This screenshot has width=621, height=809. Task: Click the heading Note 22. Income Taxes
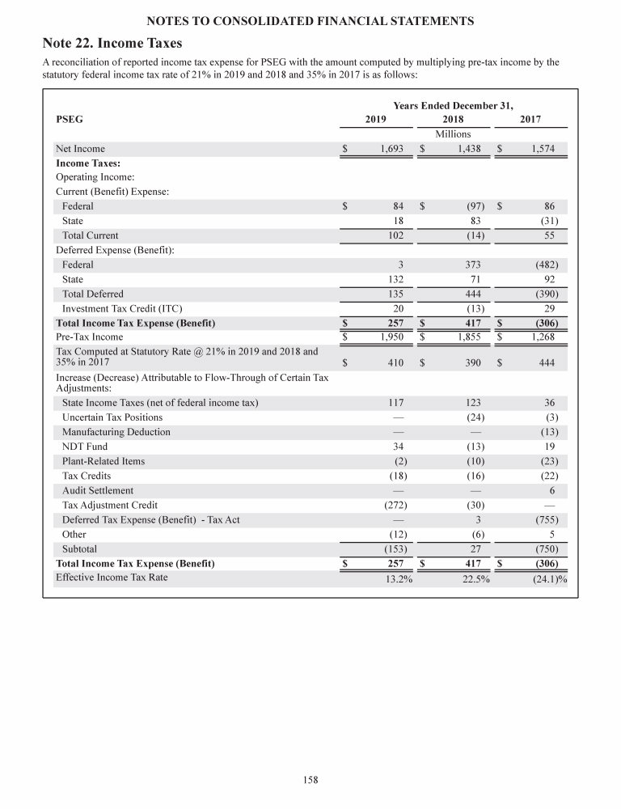(x=112, y=42)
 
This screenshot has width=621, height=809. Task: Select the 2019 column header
(x=376, y=119)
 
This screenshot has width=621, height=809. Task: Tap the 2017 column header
(x=530, y=119)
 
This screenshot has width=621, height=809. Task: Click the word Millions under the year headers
(x=453, y=133)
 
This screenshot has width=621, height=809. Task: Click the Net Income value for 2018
(x=470, y=149)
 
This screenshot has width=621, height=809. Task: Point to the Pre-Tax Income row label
(x=89, y=337)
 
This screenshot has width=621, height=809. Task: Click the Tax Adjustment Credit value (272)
(x=392, y=505)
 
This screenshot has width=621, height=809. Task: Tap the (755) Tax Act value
(x=544, y=519)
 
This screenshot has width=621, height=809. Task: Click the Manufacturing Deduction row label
(x=116, y=432)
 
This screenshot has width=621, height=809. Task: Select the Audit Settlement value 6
(x=551, y=490)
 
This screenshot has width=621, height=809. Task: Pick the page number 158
(x=310, y=780)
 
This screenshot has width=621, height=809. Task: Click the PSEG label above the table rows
(x=69, y=119)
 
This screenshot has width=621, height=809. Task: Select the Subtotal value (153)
(x=392, y=549)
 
